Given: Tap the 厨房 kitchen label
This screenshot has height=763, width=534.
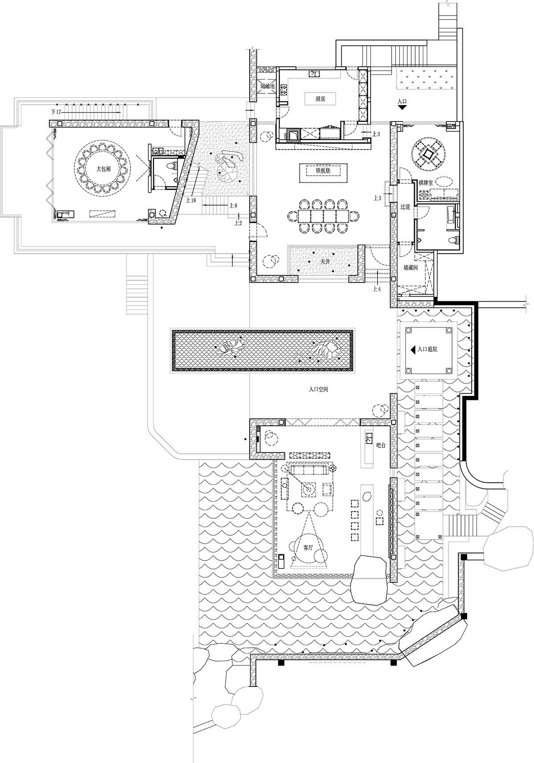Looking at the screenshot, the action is (x=320, y=99).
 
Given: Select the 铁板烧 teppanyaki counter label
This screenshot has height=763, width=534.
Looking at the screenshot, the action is (x=323, y=170).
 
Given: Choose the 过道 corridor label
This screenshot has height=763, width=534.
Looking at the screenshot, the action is (x=405, y=207).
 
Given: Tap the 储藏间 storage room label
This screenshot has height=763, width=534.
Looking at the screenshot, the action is (x=410, y=268).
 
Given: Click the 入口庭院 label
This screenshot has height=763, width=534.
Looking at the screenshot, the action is (x=427, y=350).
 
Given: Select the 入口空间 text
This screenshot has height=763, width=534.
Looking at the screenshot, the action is (x=319, y=389).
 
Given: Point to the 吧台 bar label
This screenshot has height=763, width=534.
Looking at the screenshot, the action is (x=381, y=445).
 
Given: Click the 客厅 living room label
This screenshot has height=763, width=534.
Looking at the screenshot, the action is (x=308, y=548).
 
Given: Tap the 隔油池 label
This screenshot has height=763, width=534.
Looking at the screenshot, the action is (x=268, y=86).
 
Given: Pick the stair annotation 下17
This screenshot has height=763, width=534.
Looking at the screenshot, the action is (x=56, y=111).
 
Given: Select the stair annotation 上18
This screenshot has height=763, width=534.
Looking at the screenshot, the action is (x=191, y=200).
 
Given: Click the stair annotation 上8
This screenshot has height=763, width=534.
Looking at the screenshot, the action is (x=232, y=206).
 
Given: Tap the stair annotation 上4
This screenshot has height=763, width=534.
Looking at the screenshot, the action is (x=376, y=289).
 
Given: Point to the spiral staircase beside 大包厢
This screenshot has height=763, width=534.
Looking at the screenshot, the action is (x=227, y=169).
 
